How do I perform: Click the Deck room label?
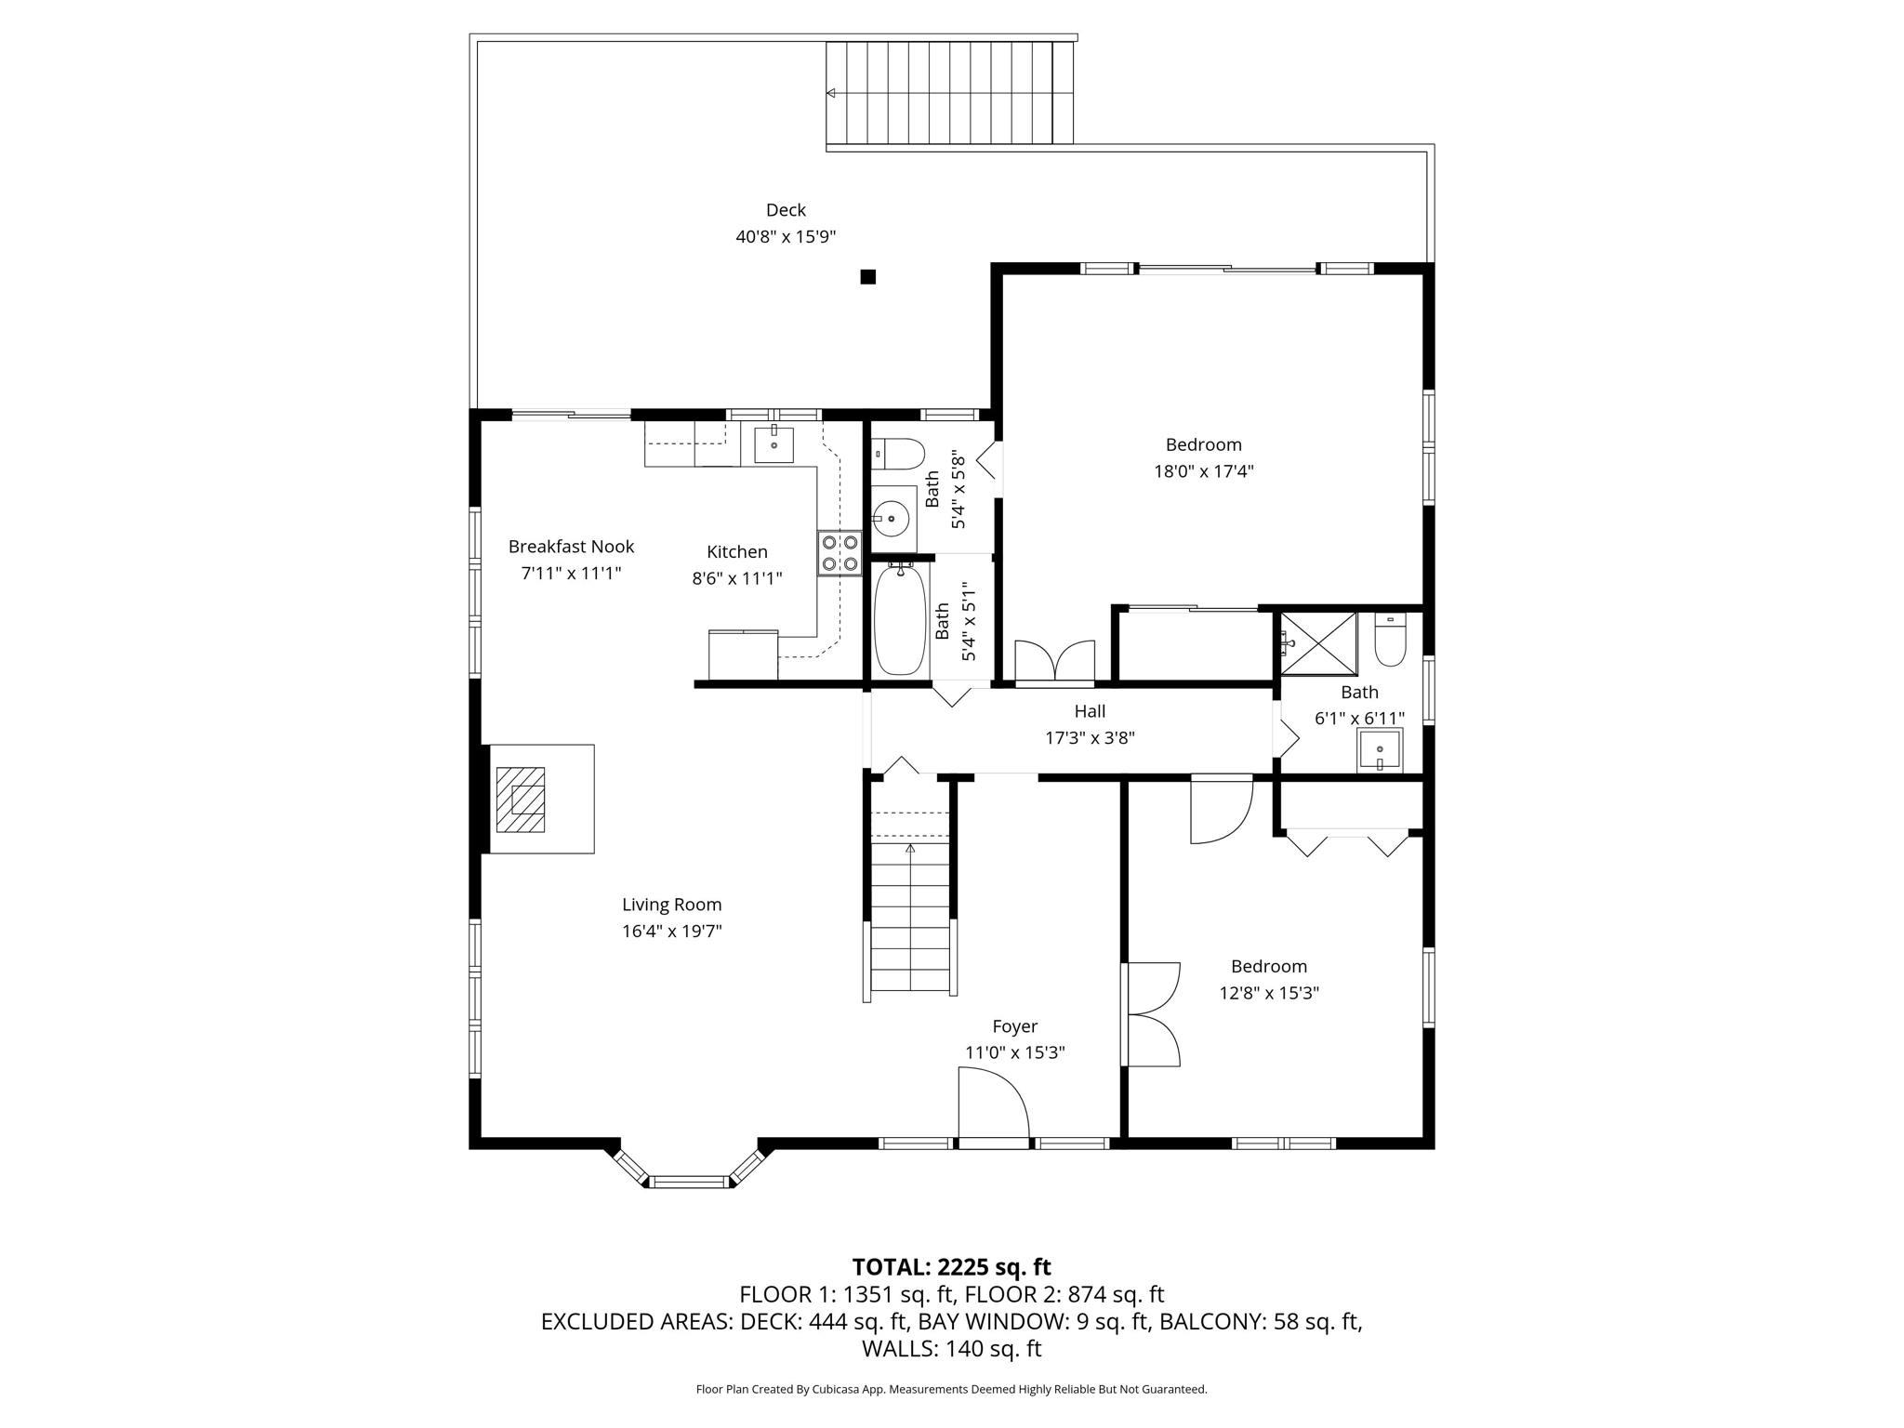tap(786, 210)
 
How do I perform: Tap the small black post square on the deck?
tap(867, 276)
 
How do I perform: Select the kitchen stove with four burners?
tap(840, 553)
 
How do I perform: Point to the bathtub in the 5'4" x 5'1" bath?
tap(900, 619)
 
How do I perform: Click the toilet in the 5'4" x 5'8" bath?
tap(898, 454)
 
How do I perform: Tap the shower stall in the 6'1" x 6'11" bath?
tap(1318, 642)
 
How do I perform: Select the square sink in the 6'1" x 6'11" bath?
tap(1380, 748)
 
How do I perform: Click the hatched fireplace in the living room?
tap(520, 800)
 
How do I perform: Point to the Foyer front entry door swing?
tap(994, 1102)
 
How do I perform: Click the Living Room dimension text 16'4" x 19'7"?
tap(671, 931)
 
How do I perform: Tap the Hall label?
tap(1090, 711)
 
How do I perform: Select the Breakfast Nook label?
tap(571, 547)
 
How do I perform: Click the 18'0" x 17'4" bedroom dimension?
tap(1204, 471)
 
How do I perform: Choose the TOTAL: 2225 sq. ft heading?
tap(951, 1267)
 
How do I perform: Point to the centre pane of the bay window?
tap(690, 1182)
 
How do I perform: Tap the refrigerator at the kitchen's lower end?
tap(743, 654)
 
